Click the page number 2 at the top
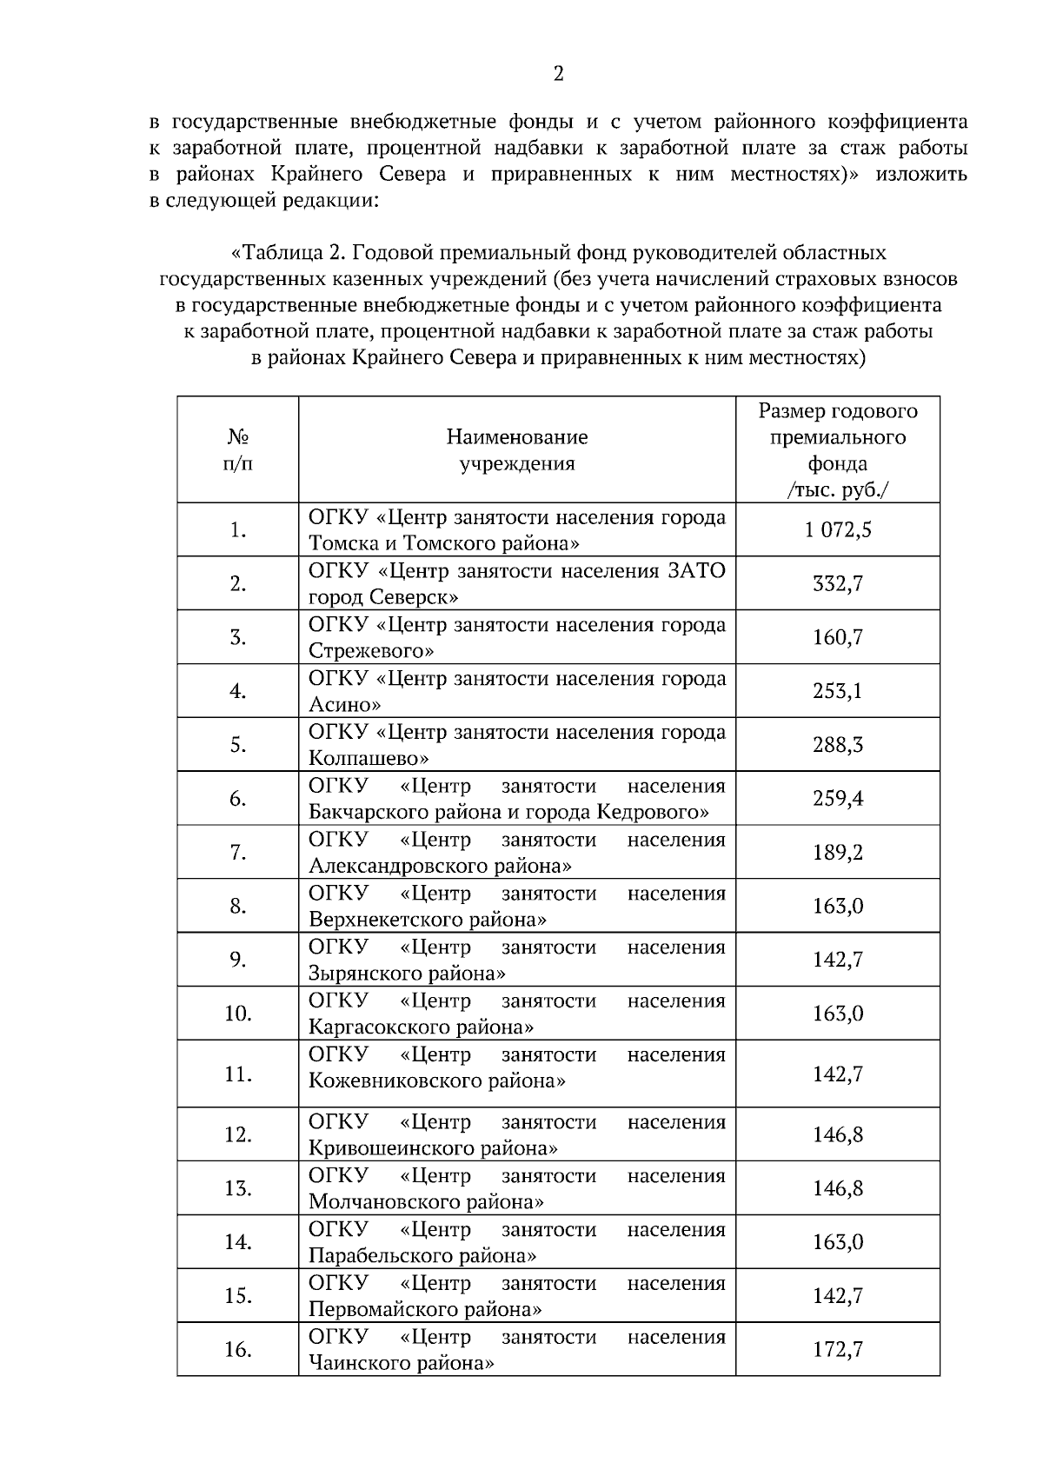(559, 74)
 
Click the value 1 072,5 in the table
(838, 530)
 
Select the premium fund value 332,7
(838, 584)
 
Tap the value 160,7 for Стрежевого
(838, 638)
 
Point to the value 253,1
(838, 692)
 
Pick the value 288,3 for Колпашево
(838, 745)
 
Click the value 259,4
(838, 799)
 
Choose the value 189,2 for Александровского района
(838, 853)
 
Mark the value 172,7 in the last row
(838, 1350)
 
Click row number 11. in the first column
(238, 1074)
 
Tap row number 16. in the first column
(238, 1350)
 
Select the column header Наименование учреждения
(517, 449)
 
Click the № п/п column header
(238, 449)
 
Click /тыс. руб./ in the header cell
(838, 489)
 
